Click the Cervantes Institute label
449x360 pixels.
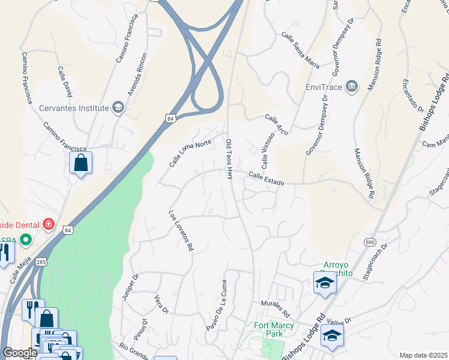point(74,108)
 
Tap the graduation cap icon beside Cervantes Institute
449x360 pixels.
point(118,108)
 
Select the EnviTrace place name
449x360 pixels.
point(324,87)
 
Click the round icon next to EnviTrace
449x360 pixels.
point(352,87)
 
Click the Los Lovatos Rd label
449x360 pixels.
point(181,230)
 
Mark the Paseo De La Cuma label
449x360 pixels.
point(216,305)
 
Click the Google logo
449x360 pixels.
point(20,353)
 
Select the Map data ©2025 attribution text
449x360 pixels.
point(423,355)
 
